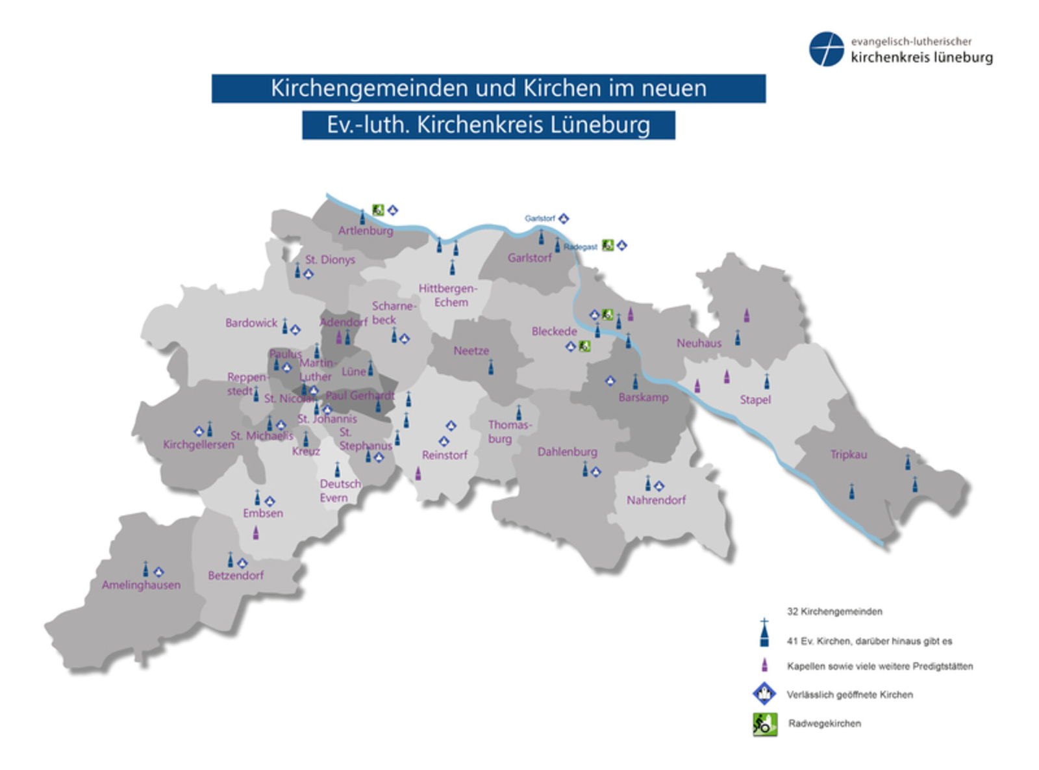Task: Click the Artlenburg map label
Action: tap(365, 231)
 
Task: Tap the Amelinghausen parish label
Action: tap(141, 585)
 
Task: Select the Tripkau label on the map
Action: tap(848, 455)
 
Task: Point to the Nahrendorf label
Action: tap(656, 500)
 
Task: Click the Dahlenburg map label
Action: tap(567, 452)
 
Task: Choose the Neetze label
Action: tap(471, 351)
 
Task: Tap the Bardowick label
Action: tap(251, 323)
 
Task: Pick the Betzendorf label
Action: tap(236, 575)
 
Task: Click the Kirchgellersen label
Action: tap(198, 445)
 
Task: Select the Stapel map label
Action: tap(755, 400)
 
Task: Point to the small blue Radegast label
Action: tap(580, 247)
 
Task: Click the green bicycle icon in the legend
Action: tap(764, 724)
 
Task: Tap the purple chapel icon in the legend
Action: tap(764, 665)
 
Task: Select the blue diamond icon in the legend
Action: tap(764, 693)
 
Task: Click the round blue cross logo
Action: tap(826, 49)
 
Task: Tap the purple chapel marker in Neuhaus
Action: tap(746, 316)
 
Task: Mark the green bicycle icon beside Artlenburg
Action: tap(378, 210)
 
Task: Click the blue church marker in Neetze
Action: tap(490, 368)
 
